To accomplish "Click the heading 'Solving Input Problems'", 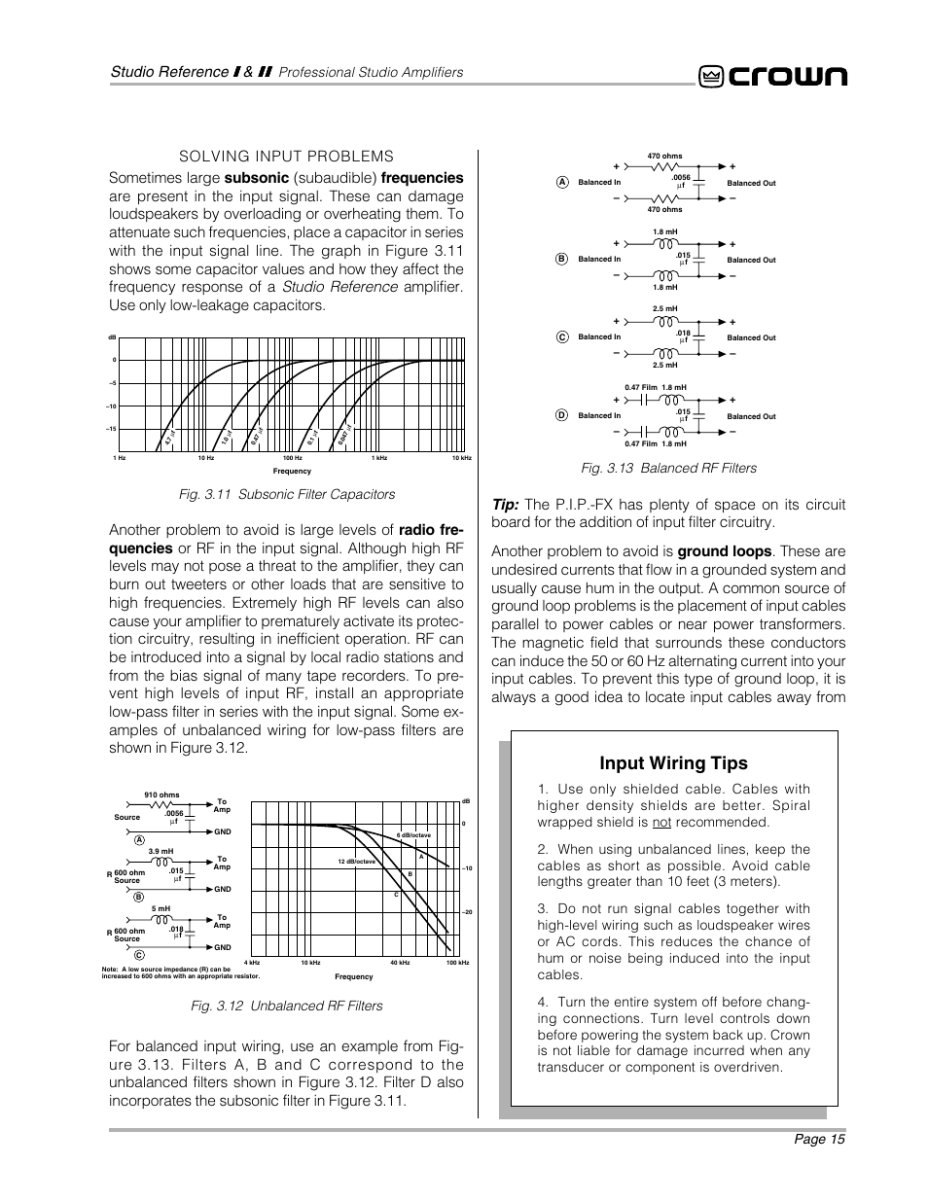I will pos(285,157).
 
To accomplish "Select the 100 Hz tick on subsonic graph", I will pos(292,458).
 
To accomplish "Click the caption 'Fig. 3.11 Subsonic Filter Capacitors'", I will pos(286,495).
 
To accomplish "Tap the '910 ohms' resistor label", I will pos(161,795).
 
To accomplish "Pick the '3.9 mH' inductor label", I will pos(160,851).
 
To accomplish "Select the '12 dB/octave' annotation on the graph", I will pos(357,862).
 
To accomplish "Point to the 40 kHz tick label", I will pos(400,963).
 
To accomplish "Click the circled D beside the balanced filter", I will pos(561,415).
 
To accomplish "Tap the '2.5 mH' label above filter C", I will pos(665,309).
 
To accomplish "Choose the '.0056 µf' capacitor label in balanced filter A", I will pos(681,181).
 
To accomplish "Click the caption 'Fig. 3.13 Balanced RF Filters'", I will pos(668,469).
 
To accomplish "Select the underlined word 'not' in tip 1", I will pos(661,822).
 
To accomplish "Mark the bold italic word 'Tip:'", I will pos(505,505).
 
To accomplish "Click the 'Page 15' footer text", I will pos(817,1140).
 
